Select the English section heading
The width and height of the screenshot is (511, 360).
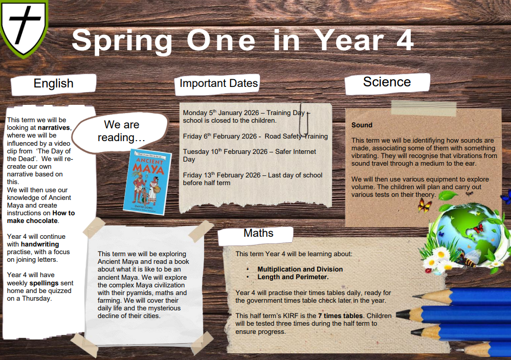53,84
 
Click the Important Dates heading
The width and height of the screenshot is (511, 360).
219,83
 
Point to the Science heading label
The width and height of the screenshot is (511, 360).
387,82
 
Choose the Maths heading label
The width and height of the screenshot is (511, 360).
258,233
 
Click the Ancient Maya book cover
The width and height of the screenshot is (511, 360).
147,182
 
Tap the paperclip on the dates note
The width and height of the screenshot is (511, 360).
304,120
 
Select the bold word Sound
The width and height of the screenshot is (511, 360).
362,125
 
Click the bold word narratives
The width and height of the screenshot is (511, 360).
54,128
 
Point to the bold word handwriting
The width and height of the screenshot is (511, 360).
40,244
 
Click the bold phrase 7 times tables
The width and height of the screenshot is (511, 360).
340,316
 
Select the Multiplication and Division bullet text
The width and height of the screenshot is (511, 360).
300,269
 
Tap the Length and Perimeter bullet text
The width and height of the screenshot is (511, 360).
293,277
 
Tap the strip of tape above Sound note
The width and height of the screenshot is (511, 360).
424,108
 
